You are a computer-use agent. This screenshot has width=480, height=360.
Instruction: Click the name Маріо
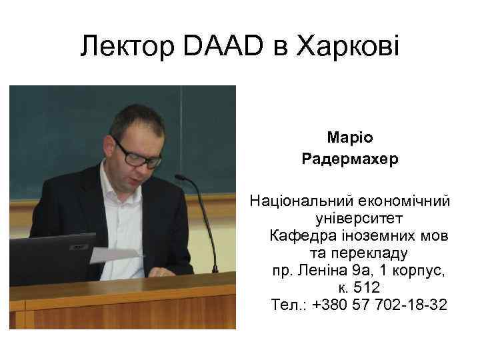pyautogui.click(x=350, y=137)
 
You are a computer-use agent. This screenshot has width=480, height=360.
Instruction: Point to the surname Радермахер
pyautogui.click(x=350, y=159)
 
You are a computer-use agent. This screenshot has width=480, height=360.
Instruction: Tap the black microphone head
pyautogui.click(x=180, y=178)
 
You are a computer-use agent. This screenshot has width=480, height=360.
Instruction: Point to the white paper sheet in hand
pyautogui.click(x=113, y=255)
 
